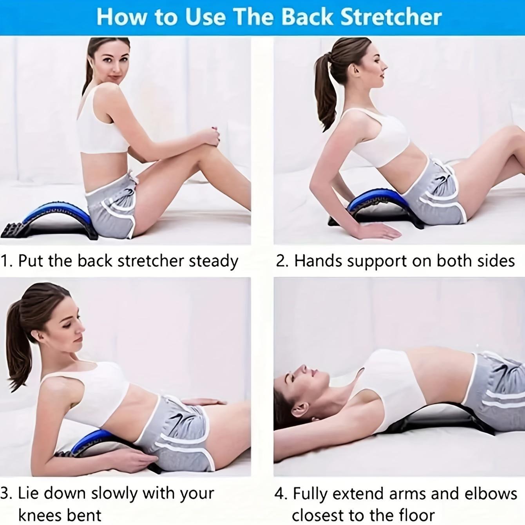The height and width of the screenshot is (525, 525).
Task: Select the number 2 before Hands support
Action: click(x=281, y=261)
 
